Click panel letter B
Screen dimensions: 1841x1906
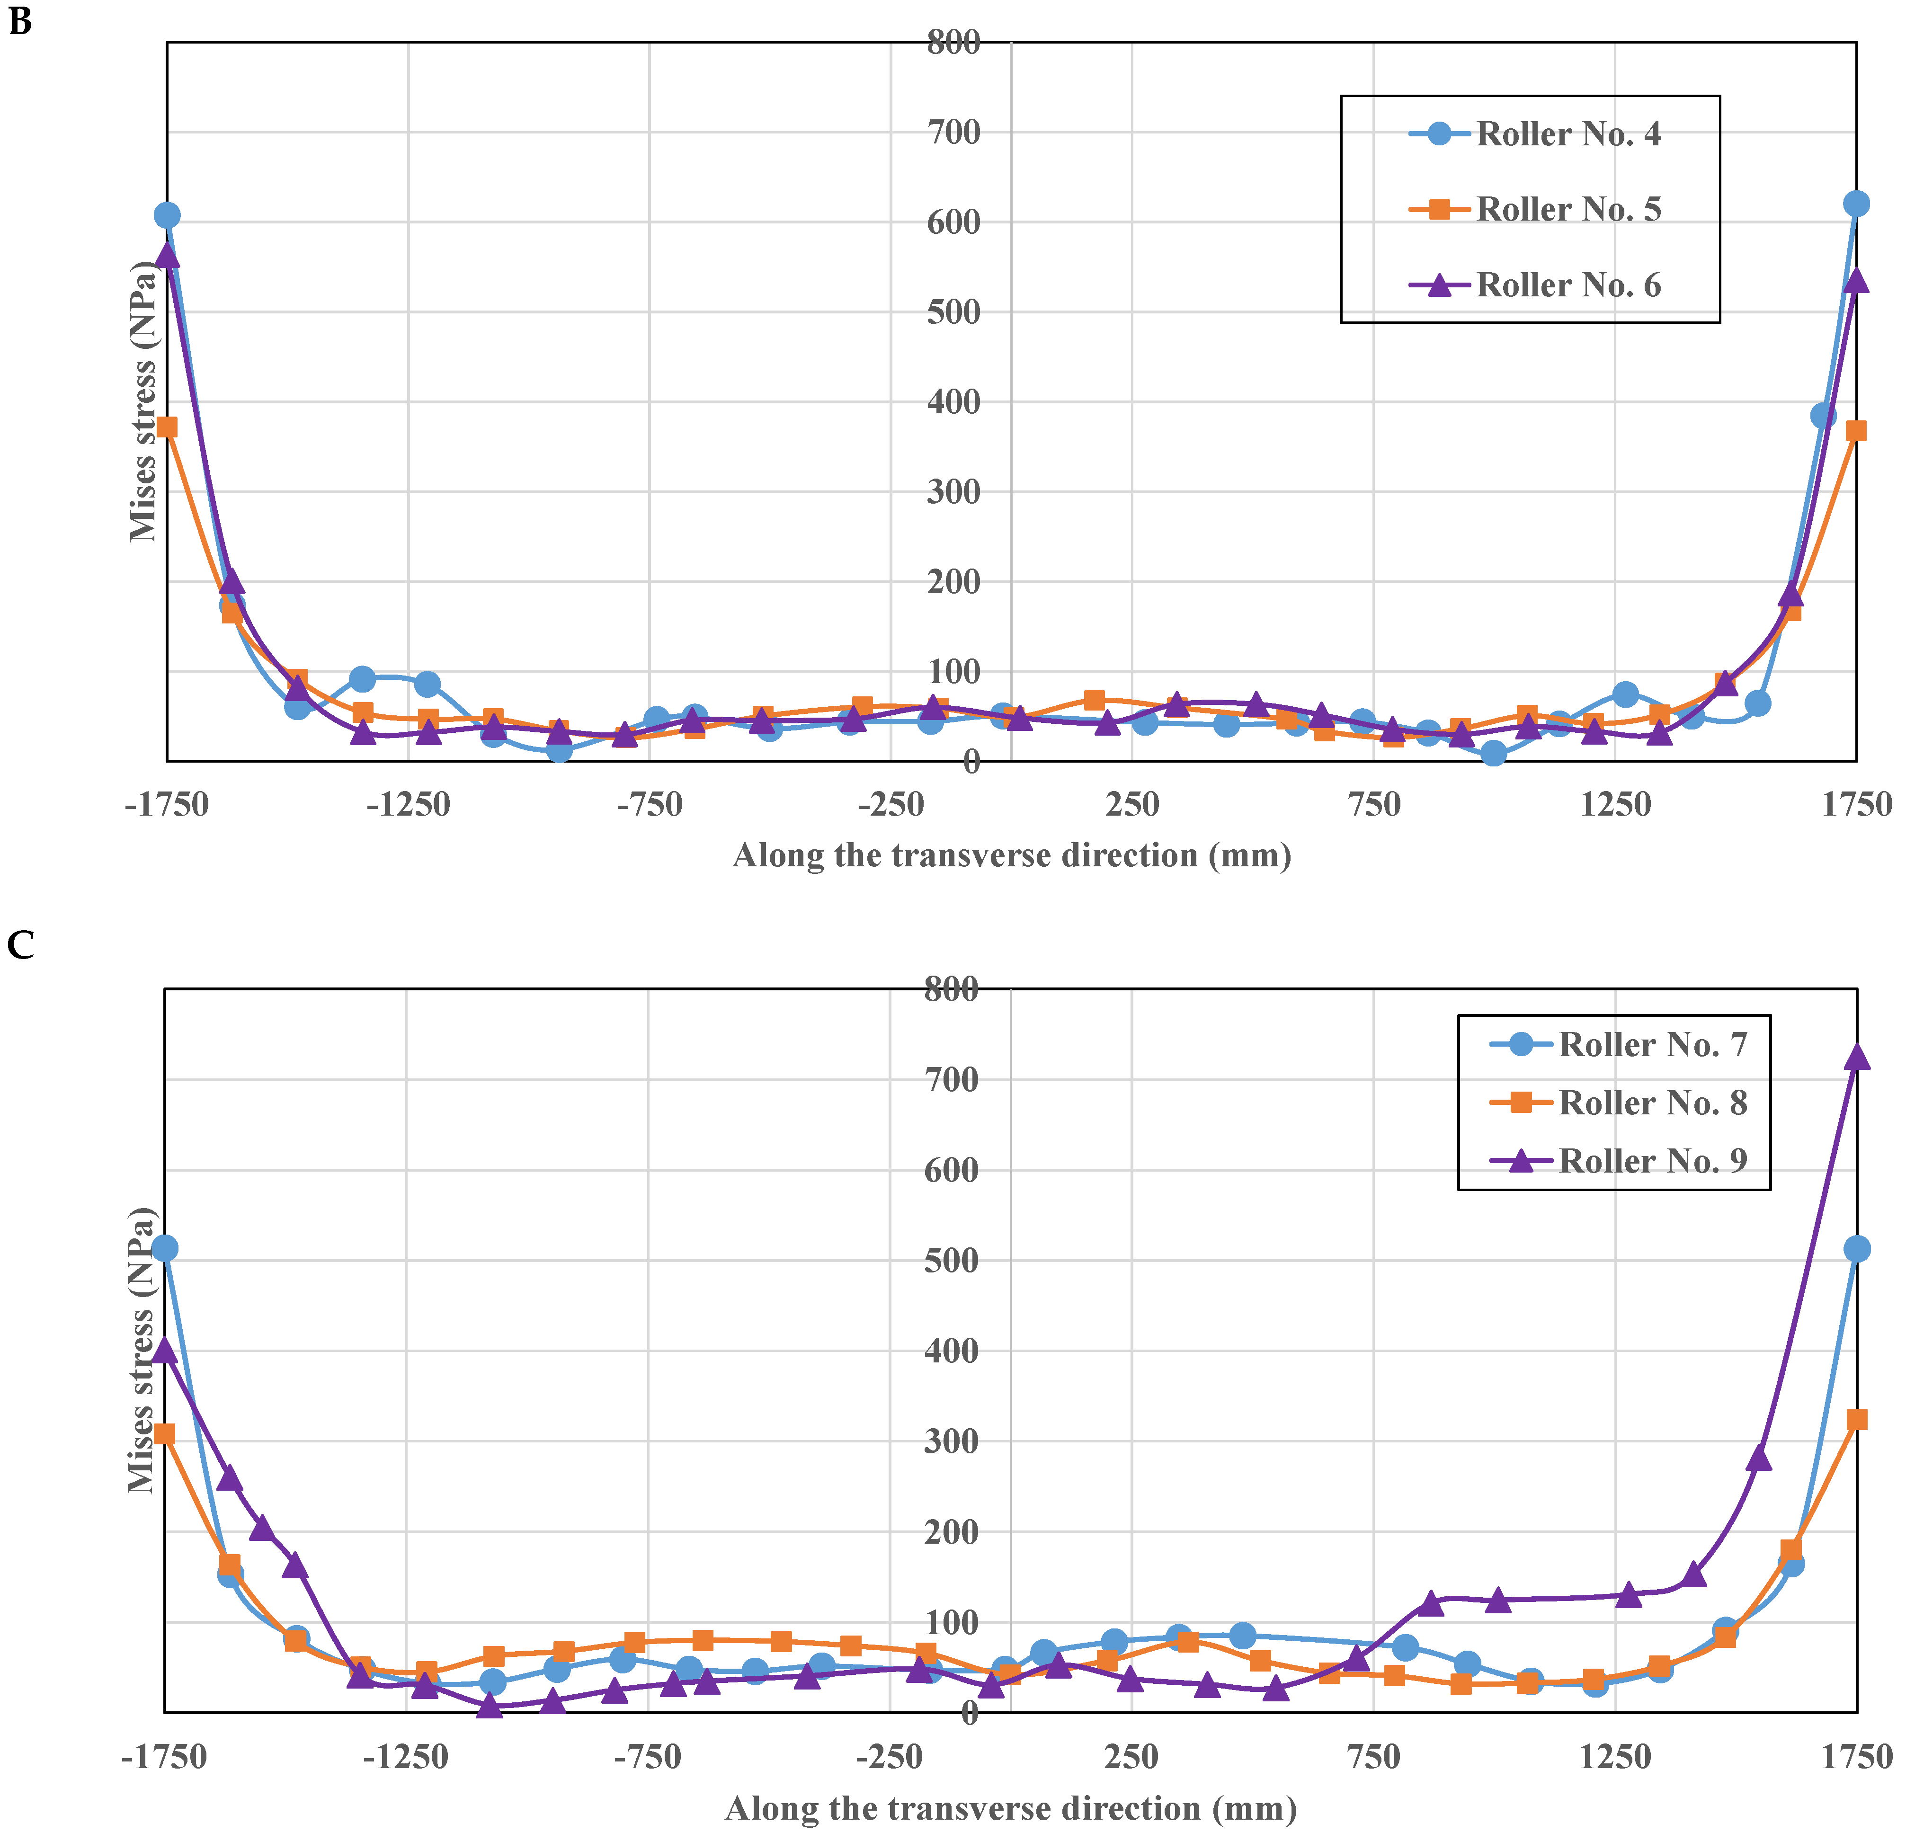click(19, 21)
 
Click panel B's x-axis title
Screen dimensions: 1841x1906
click(1011, 856)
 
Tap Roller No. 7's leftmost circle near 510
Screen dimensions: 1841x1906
click(165, 1248)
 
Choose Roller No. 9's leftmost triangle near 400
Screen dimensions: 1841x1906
click(165, 1351)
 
